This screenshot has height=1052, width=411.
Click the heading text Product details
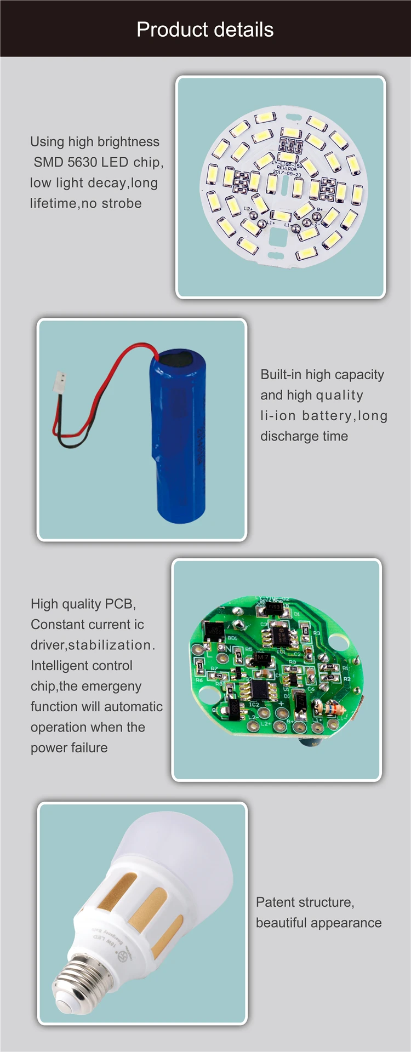205,30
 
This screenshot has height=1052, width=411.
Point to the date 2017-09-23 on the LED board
287,174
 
